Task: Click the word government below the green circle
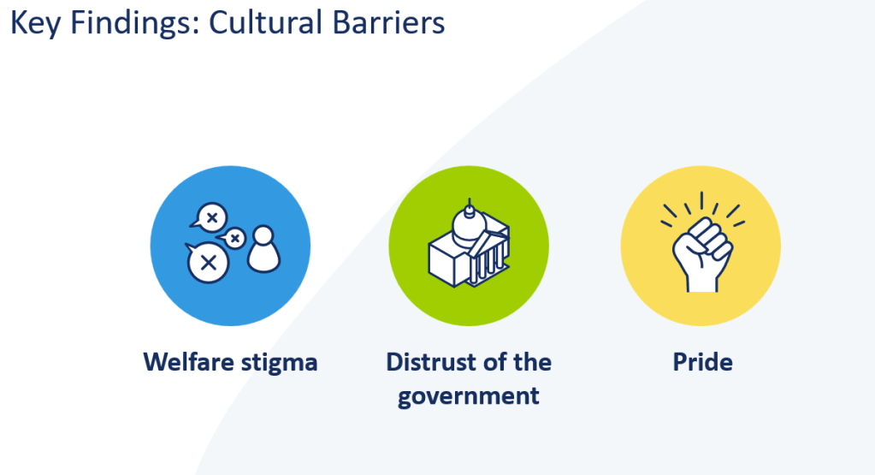[469, 397]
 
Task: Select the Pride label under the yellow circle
[702, 362]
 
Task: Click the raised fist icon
[701, 254]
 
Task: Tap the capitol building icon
[468, 244]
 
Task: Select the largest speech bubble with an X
[206, 262]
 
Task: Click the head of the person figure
[263, 235]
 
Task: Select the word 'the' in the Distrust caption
[531, 362]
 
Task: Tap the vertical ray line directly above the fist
[701, 201]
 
